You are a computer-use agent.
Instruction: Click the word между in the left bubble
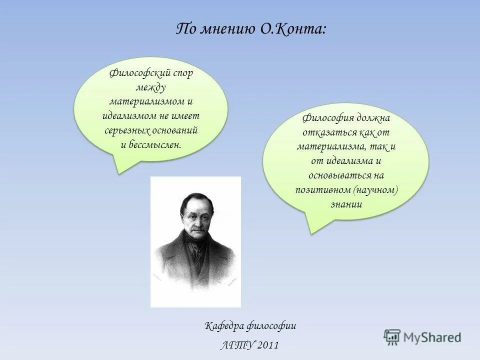pyautogui.click(x=151, y=87)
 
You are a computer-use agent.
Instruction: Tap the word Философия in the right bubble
pyautogui.click(x=326, y=118)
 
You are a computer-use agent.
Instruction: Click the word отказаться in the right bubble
pyautogui.click(x=328, y=133)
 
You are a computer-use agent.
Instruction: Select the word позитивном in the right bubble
pyautogui.click(x=322, y=190)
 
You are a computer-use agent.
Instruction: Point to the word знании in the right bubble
pyautogui.click(x=346, y=204)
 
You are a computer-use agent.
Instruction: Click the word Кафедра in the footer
pyautogui.click(x=224, y=326)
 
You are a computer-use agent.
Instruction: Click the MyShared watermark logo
pyautogui.click(x=422, y=337)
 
